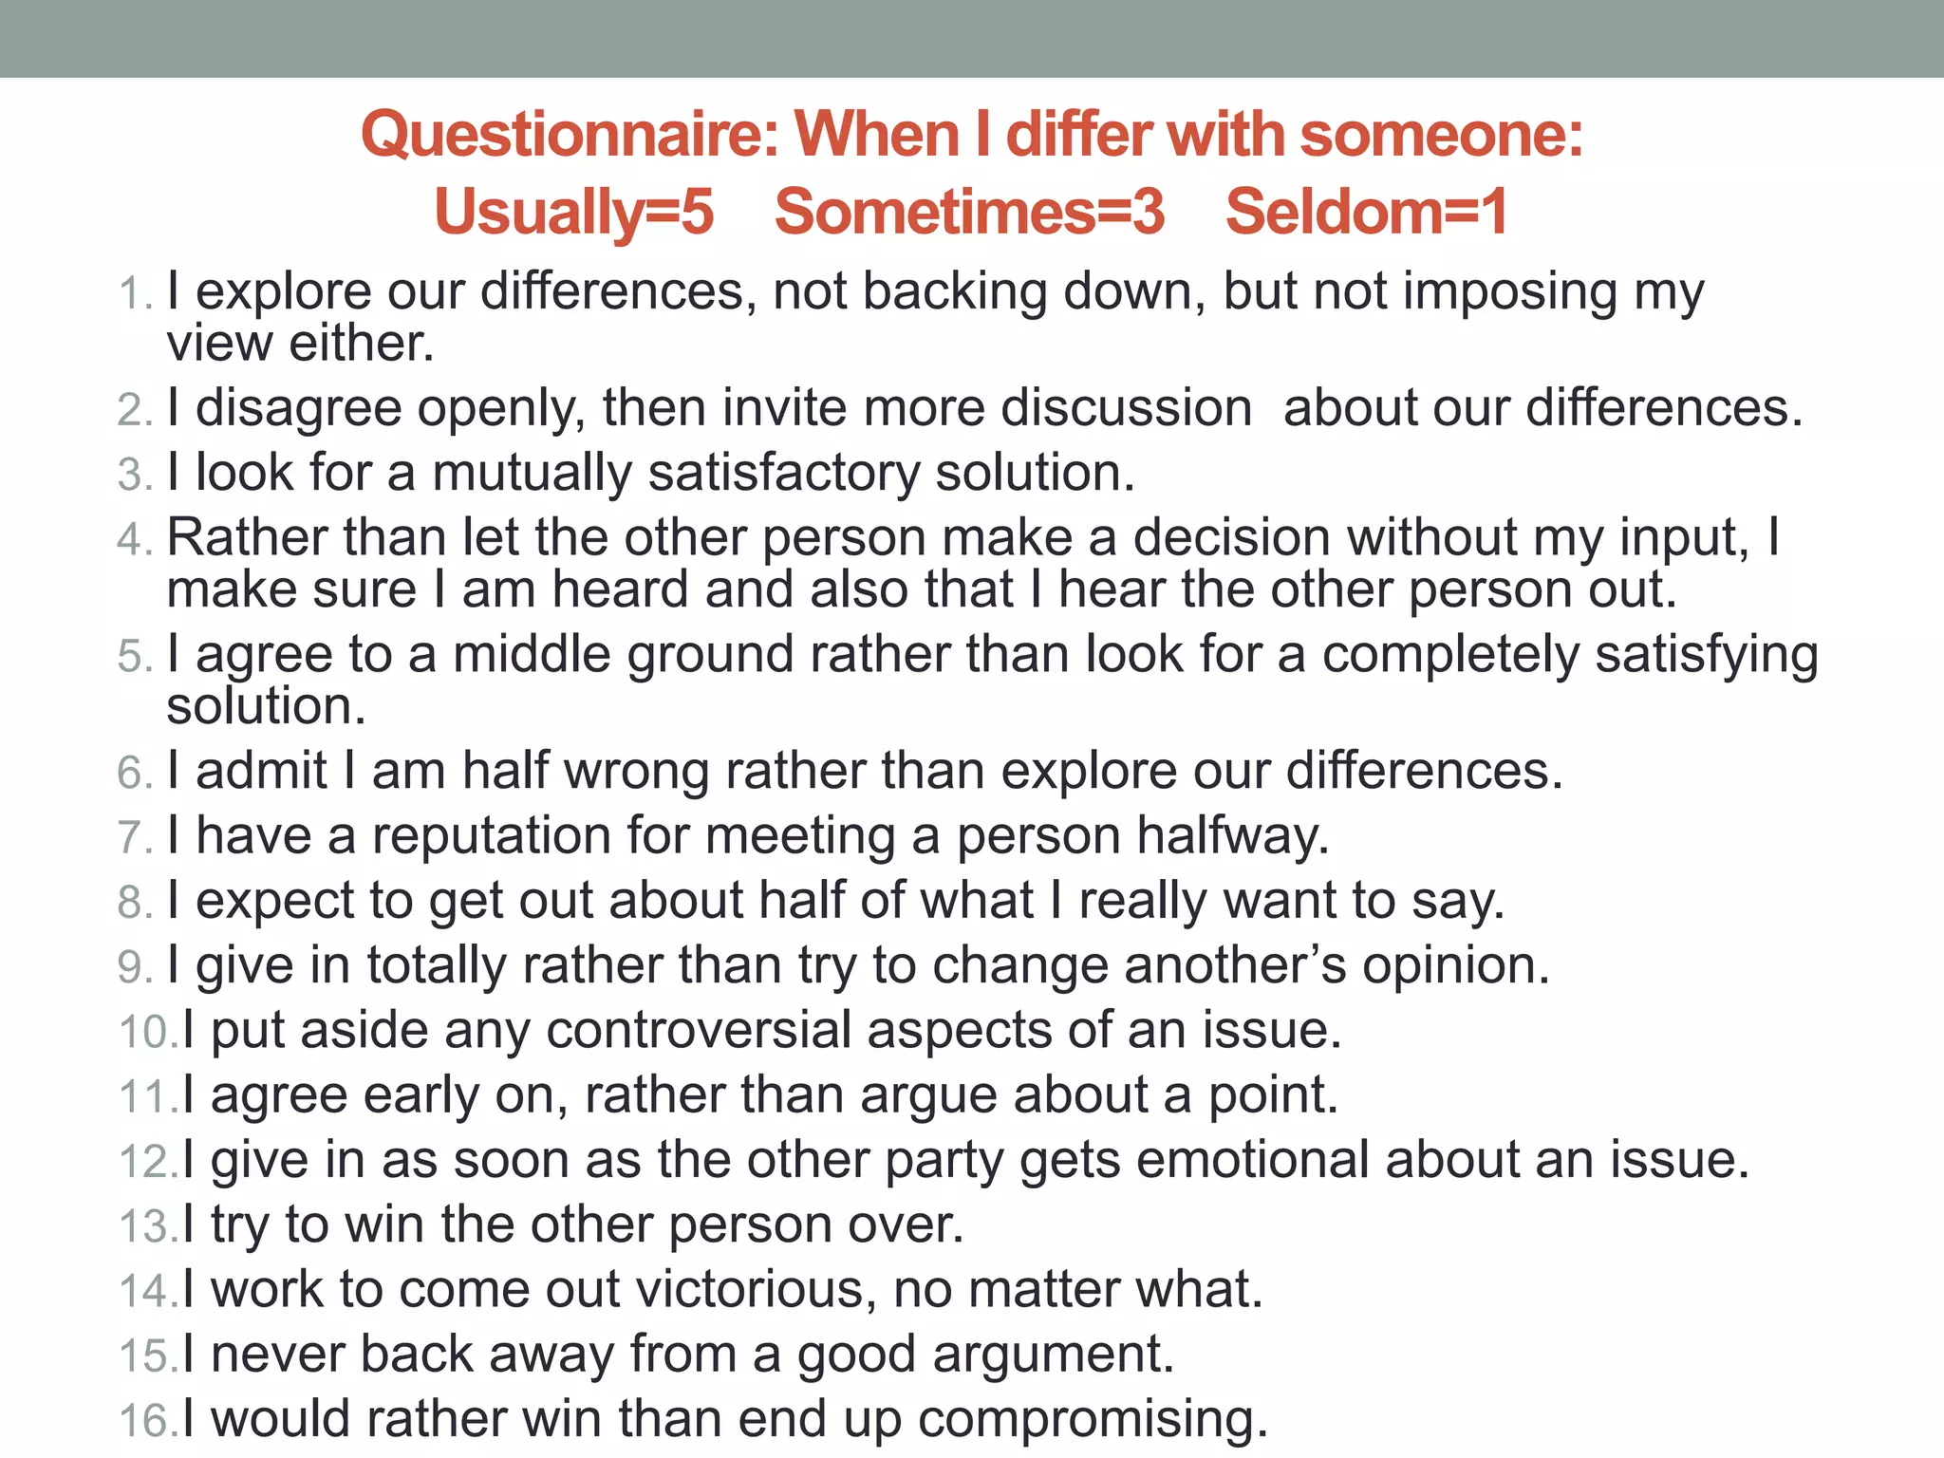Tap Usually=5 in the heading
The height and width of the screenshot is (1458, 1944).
[573, 212]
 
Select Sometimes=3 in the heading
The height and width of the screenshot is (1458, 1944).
[969, 212]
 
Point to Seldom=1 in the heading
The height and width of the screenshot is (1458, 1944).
[1366, 212]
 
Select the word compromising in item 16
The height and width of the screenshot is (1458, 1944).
[1093, 1421]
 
